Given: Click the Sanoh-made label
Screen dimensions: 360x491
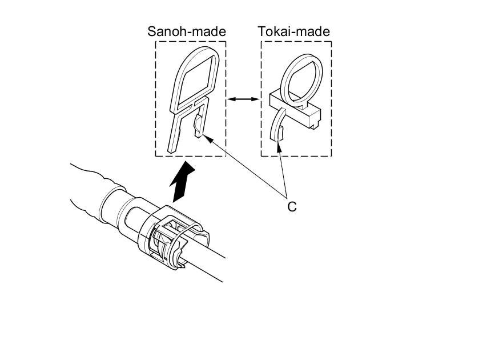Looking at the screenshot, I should pos(187,31).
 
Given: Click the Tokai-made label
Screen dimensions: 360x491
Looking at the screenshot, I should pos(294,31).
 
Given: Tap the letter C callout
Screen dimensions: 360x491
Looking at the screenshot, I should pos(292,207).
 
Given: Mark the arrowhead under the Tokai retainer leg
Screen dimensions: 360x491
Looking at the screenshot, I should pos(280,148).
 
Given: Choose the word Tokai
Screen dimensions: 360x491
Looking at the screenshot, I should pos(275,31).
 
